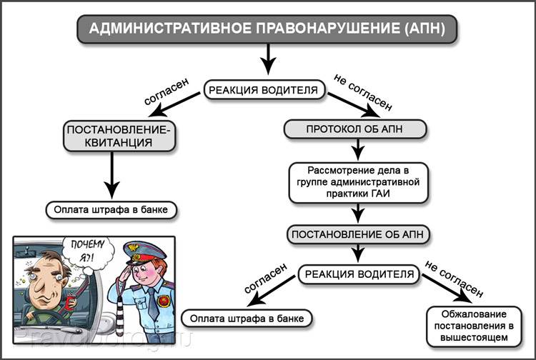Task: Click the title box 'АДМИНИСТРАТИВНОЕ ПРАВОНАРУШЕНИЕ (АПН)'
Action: tap(267, 29)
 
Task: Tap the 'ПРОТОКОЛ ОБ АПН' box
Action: tap(356, 129)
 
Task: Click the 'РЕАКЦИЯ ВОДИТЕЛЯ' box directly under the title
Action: tap(266, 91)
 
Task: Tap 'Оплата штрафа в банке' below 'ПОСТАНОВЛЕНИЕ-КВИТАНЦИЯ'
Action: tap(111, 210)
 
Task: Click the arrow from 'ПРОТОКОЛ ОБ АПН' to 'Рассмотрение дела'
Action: tap(357, 149)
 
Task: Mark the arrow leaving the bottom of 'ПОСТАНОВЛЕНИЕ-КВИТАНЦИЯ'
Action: tap(111, 175)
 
